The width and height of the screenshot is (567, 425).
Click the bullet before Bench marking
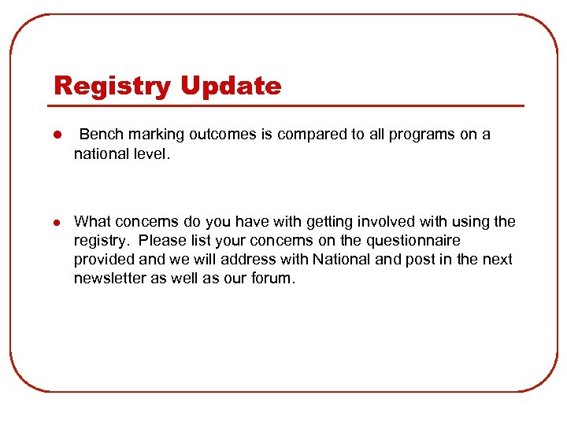coord(58,135)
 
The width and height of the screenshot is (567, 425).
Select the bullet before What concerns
coord(58,222)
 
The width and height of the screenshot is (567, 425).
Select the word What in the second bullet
coord(92,221)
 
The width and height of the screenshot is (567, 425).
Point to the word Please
coord(160,240)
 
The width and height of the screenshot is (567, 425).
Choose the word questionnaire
coord(412,240)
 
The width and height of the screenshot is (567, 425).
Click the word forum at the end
coord(272,278)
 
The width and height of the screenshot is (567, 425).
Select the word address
coord(254,259)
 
